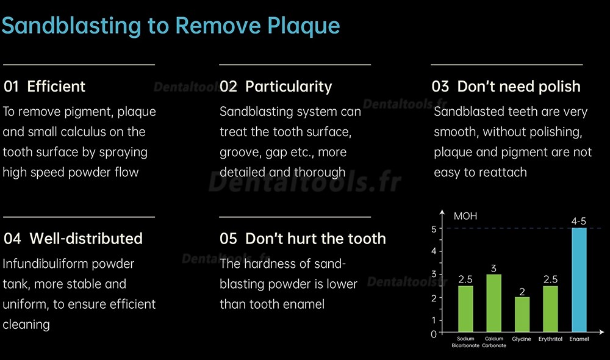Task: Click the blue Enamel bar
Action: [x=579, y=280]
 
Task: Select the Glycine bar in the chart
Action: [x=522, y=314]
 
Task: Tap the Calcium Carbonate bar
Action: [x=493, y=303]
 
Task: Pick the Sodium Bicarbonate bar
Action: [x=465, y=309]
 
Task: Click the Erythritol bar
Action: [x=550, y=309]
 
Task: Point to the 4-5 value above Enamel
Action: [x=578, y=221]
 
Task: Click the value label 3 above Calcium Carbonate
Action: [x=493, y=268]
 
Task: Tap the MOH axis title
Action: [x=465, y=216]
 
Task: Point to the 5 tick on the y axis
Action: [x=434, y=229]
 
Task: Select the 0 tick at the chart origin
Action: [x=434, y=334]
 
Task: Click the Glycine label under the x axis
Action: [x=522, y=339]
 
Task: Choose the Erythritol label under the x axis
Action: [x=550, y=339]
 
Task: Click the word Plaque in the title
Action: [x=304, y=26]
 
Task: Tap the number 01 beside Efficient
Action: [x=11, y=87]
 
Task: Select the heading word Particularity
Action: [x=289, y=87]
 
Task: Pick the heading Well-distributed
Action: [x=86, y=239]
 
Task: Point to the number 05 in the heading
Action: [x=228, y=239]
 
